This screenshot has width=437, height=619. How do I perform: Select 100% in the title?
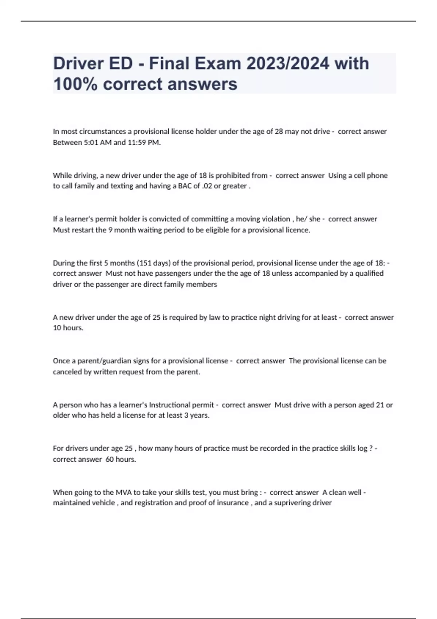(x=75, y=84)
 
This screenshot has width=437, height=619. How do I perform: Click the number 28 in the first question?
(x=279, y=131)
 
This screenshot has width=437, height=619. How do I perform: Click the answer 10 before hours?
(x=57, y=328)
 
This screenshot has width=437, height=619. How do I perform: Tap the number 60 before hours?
(x=110, y=459)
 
